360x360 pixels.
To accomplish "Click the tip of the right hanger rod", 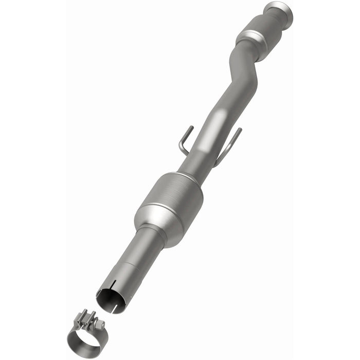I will pyautogui.click(x=240, y=129).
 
